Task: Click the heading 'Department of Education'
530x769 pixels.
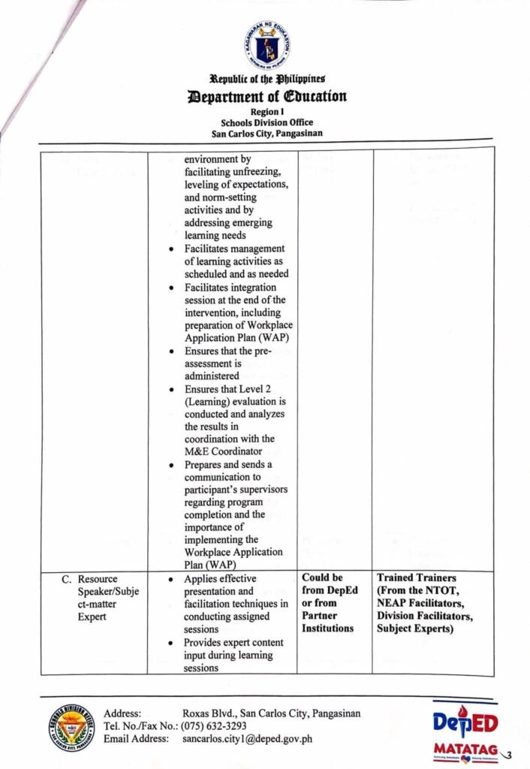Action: pos(267,96)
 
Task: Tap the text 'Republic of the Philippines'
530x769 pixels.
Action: pos(267,79)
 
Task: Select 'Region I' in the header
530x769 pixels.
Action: pos(267,111)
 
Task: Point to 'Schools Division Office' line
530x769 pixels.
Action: pos(267,122)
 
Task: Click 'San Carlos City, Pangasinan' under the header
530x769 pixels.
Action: pos(267,134)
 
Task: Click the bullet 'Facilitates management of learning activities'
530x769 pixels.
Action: pos(236,261)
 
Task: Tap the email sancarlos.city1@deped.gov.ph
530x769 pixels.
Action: pos(247,739)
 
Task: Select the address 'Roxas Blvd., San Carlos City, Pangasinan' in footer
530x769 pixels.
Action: pos(271,713)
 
